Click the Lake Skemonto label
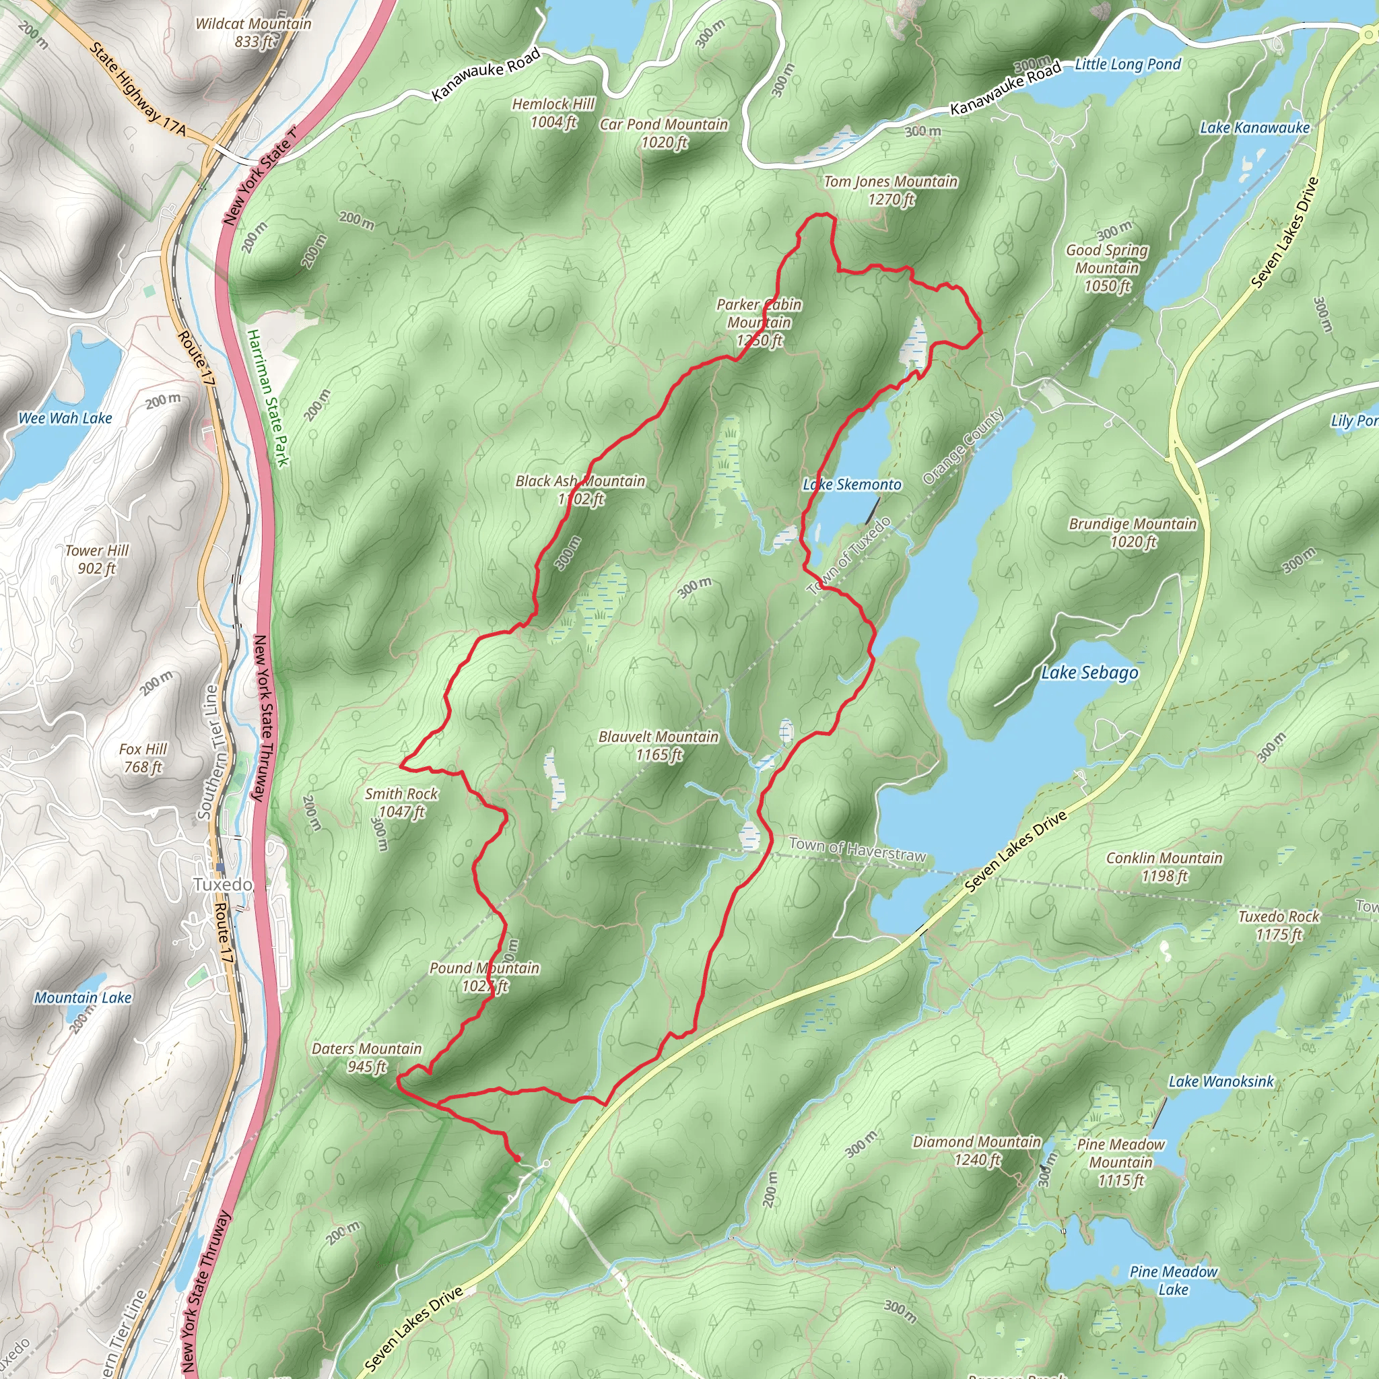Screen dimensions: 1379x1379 (x=852, y=485)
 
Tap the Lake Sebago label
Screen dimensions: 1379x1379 (x=1089, y=673)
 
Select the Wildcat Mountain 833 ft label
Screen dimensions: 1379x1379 (x=253, y=32)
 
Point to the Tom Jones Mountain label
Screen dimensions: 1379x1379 (x=890, y=190)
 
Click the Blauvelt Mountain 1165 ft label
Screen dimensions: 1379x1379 (x=658, y=745)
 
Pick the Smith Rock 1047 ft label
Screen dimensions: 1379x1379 (x=401, y=802)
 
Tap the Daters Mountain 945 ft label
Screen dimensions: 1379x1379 (x=366, y=1057)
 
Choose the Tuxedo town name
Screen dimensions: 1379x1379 (x=223, y=884)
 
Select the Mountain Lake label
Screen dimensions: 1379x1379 (x=83, y=997)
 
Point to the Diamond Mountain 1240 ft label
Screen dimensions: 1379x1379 (x=976, y=1151)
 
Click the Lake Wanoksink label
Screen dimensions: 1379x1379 (x=1221, y=1081)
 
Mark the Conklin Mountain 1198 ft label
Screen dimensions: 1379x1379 (x=1164, y=867)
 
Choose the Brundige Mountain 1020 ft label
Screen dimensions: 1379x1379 (x=1132, y=533)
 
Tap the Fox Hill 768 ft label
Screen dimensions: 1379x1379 (x=143, y=758)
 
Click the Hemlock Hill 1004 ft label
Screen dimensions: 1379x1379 (x=553, y=112)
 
